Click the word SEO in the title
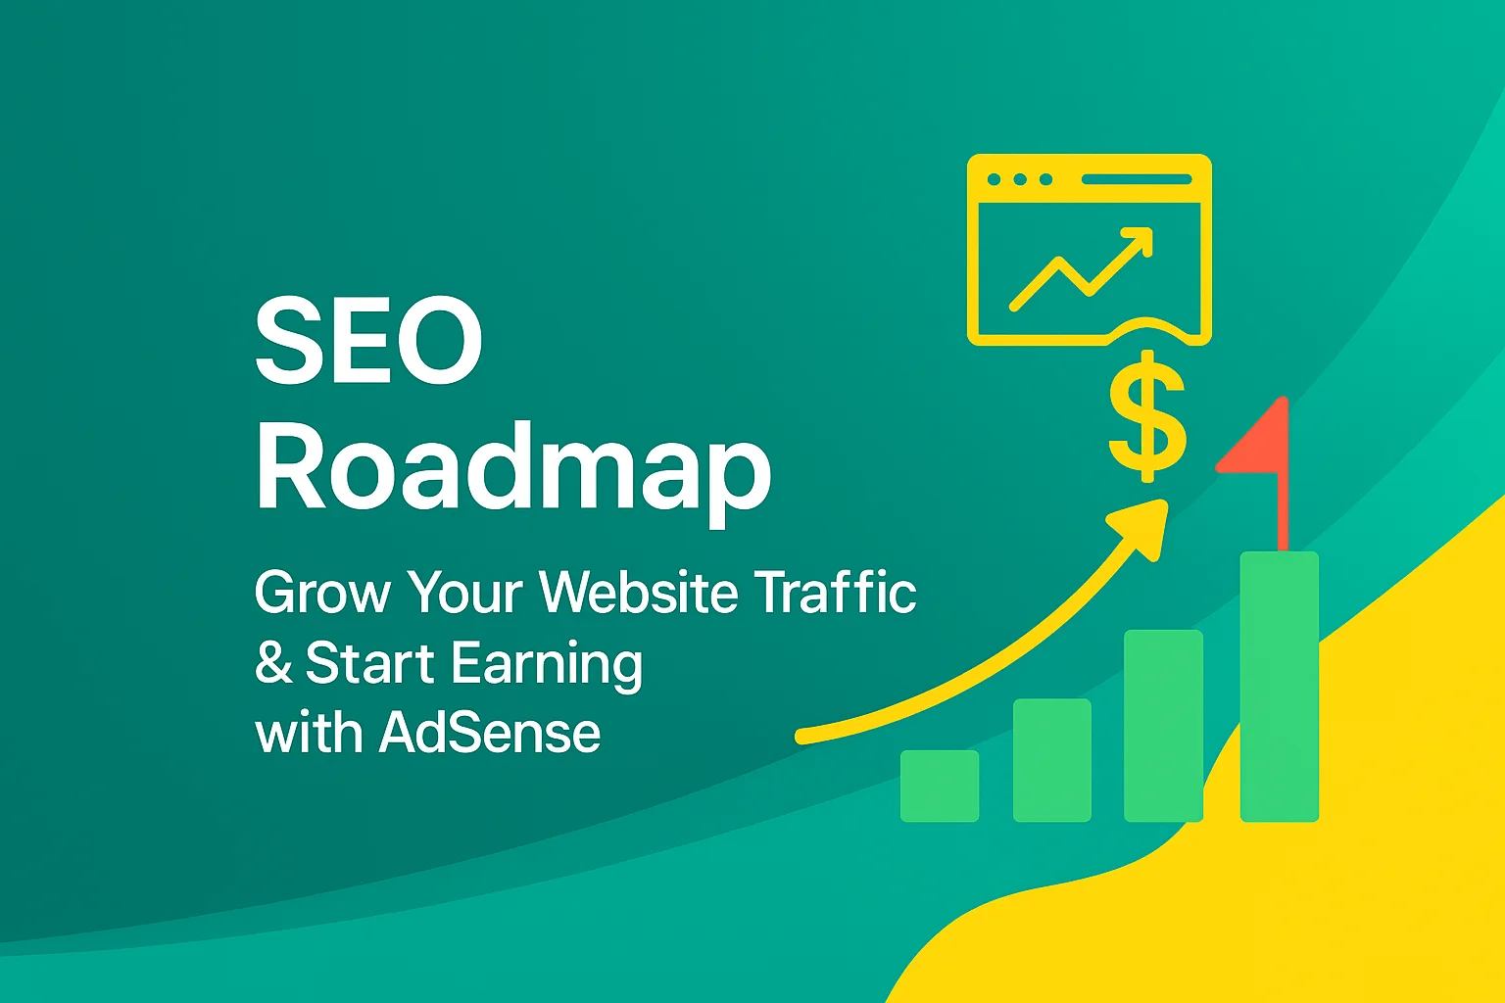368,342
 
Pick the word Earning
547,665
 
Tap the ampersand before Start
273,663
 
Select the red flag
1260,442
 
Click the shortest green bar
939,786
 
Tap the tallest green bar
1279,686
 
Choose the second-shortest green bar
1051,760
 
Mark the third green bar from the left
1163,725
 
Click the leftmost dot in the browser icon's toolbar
995,180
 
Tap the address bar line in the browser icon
1137,180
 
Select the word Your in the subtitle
464,593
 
